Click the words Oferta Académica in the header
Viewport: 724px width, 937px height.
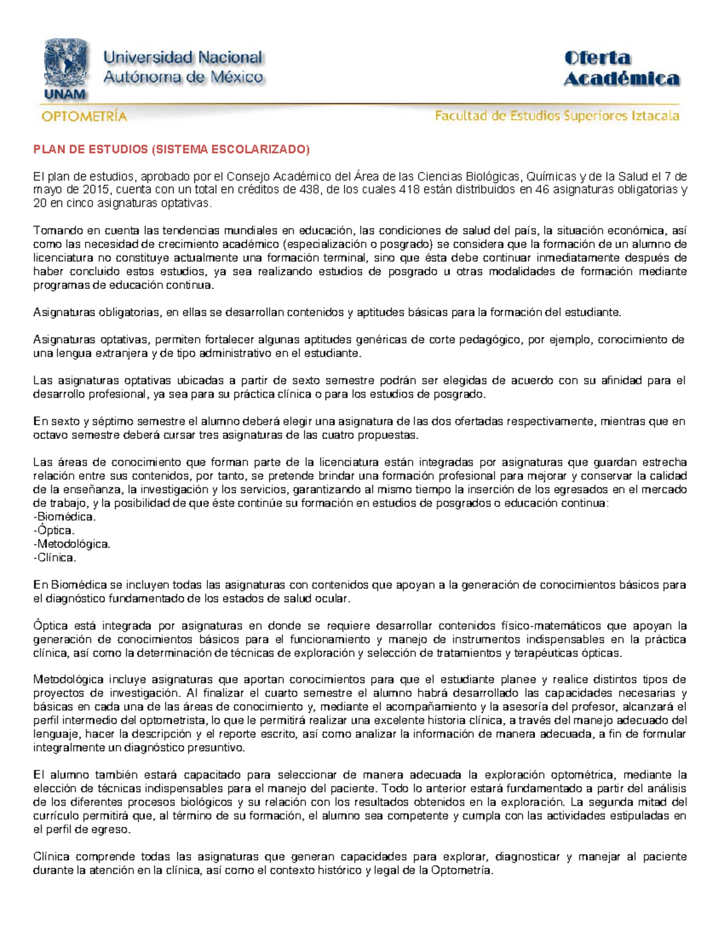pyautogui.click(x=621, y=68)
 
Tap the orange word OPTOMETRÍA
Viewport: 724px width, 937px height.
pyautogui.click(x=84, y=116)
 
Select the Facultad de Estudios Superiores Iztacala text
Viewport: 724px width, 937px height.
pyautogui.click(x=557, y=116)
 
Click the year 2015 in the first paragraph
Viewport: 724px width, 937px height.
pyautogui.click(x=97, y=190)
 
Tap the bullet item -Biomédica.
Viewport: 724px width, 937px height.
pyautogui.click(x=65, y=517)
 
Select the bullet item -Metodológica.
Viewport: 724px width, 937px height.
pyautogui.click(x=72, y=544)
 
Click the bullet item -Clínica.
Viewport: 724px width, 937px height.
pyautogui.click(x=55, y=558)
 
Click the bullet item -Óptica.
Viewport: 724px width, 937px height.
pyautogui.click(x=54, y=531)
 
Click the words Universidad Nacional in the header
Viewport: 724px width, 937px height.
pyautogui.click(x=183, y=58)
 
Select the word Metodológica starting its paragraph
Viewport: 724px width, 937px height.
pyautogui.click(x=68, y=680)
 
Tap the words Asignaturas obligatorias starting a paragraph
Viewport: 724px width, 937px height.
pyautogui.click(x=97, y=313)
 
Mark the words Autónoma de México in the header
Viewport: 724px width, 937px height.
pyautogui.click(x=183, y=77)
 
